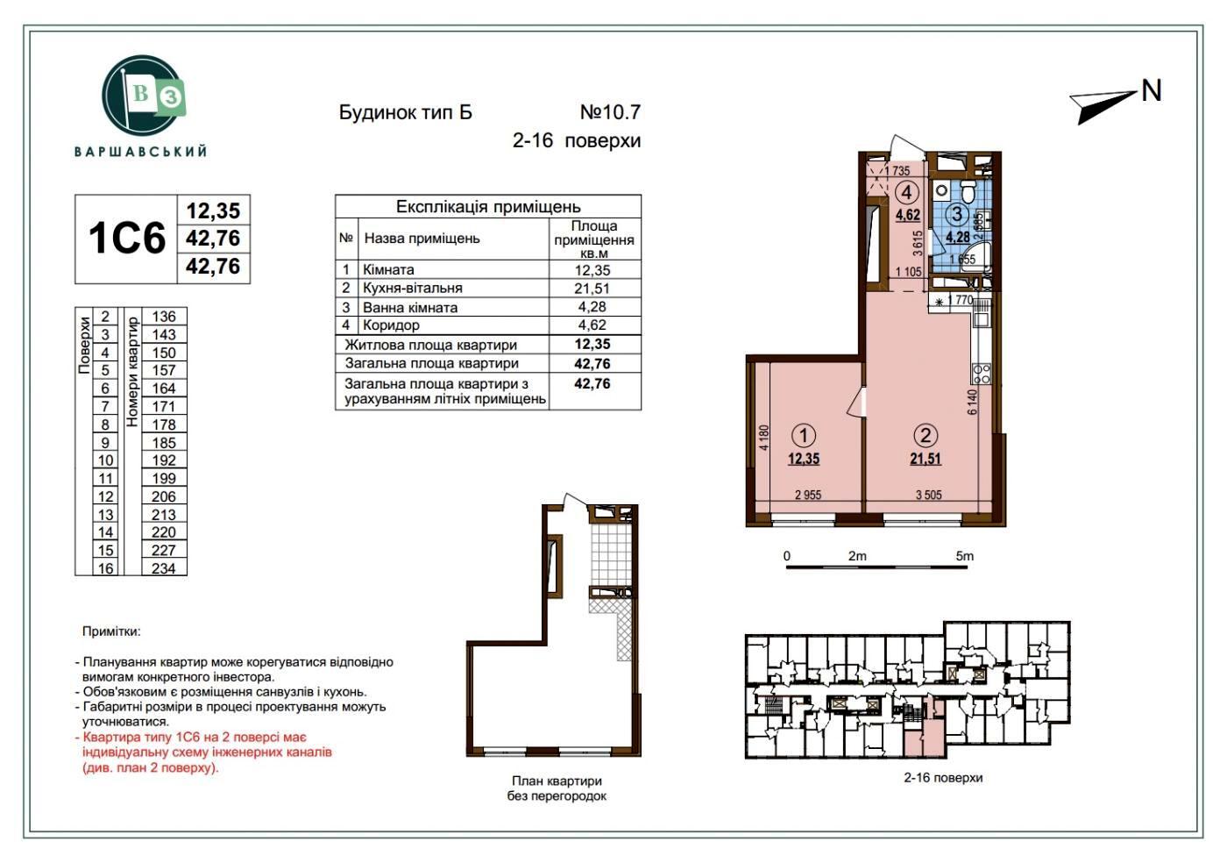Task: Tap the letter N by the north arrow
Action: click(1152, 91)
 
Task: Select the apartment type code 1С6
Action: click(127, 239)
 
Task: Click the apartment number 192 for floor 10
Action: click(164, 460)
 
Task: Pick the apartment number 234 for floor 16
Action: click(164, 568)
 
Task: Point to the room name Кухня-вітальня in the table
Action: click(413, 289)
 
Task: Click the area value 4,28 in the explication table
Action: click(592, 307)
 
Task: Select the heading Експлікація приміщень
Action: click(488, 207)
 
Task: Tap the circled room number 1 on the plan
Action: click(804, 436)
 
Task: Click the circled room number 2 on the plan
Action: click(926, 436)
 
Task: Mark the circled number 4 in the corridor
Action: click(907, 192)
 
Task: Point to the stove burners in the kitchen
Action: click(981, 374)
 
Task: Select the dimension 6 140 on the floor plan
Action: click(973, 402)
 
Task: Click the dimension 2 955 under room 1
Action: click(808, 496)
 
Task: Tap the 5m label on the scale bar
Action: click(965, 556)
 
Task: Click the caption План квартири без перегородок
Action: click(557, 788)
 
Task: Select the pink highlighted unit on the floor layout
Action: click(924, 730)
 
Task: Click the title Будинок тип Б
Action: click(405, 112)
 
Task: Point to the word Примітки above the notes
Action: click(111, 631)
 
